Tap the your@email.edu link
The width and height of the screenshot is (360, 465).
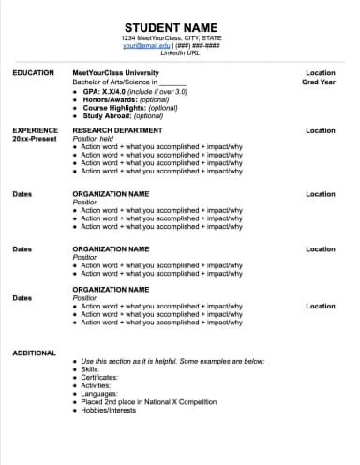[144, 45]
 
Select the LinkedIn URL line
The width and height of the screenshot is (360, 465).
[179, 52]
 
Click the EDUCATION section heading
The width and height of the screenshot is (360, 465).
[33, 72]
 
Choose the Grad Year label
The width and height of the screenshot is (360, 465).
[319, 82]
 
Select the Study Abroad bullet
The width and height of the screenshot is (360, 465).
[123, 115]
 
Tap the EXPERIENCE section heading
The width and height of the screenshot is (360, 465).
[36, 130]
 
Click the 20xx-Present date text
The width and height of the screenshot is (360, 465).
[35, 139]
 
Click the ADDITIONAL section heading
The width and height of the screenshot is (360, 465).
[35, 352]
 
